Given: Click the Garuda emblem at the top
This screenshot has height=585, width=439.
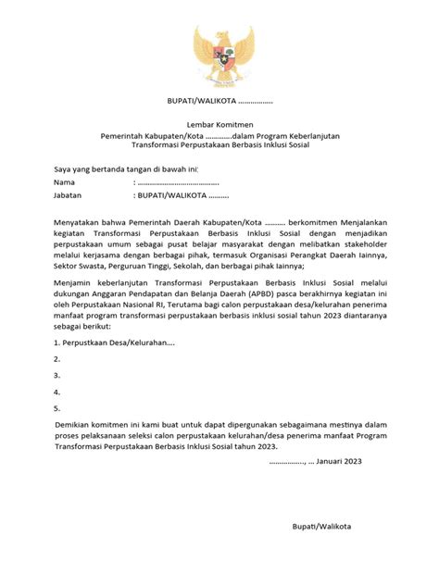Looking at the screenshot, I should [x=220, y=55].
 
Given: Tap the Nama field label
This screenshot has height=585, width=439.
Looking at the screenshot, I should [x=39, y=182].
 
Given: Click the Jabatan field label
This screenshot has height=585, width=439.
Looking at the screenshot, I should [x=44, y=196].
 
